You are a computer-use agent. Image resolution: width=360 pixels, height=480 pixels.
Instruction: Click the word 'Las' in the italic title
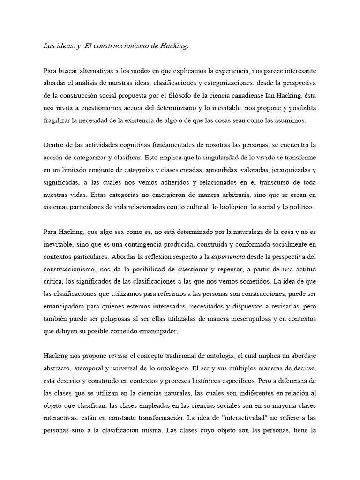click(48, 46)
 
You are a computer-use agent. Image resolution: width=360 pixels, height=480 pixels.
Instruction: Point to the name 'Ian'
click(277, 95)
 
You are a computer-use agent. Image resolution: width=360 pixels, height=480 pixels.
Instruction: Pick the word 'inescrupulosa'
click(240, 318)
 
